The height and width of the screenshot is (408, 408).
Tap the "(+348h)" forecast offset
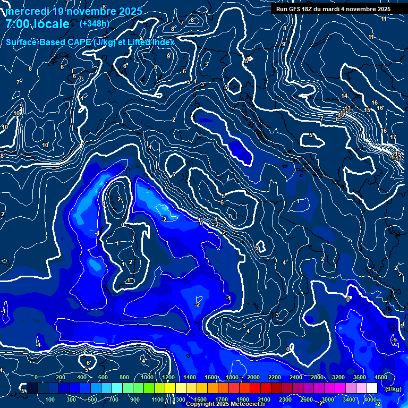[95, 24]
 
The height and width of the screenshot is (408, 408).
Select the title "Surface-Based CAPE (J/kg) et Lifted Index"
[90, 42]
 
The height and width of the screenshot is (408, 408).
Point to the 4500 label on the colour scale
[380, 377]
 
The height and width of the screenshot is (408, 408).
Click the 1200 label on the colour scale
[168, 377]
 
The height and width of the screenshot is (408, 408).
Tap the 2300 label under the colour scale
[285, 399]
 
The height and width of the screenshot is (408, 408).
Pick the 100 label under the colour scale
[50, 399]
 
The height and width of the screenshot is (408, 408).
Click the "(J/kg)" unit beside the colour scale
[393, 389]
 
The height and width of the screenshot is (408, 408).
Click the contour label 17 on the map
[393, 138]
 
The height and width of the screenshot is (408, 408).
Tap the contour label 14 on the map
[344, 96]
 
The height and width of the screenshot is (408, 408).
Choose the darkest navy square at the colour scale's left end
[32, 388]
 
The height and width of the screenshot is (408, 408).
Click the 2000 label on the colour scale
[253, 377]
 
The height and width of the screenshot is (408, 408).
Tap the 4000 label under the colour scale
[370, 399]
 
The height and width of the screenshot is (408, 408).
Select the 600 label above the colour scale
[103, 377]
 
